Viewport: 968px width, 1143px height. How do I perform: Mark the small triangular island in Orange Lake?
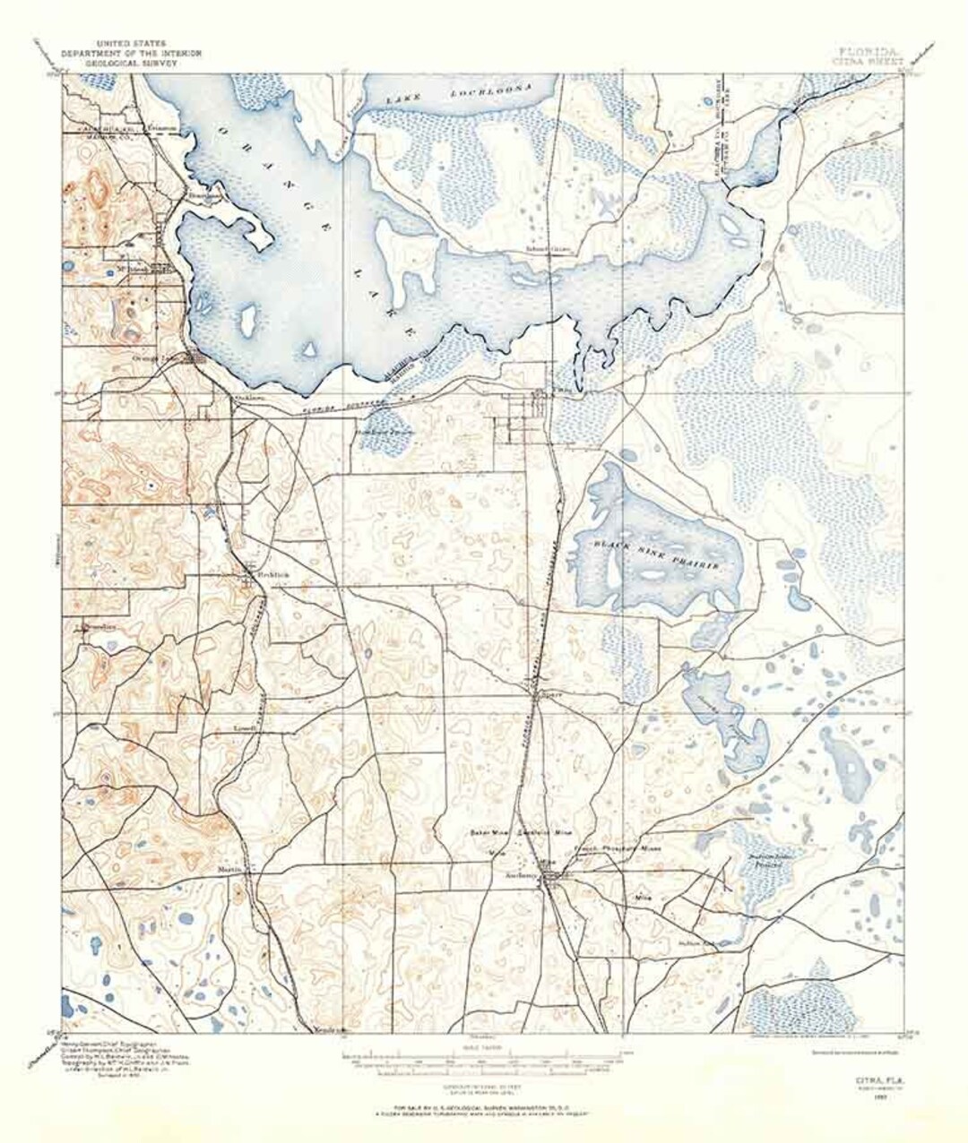tap(310, 348)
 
